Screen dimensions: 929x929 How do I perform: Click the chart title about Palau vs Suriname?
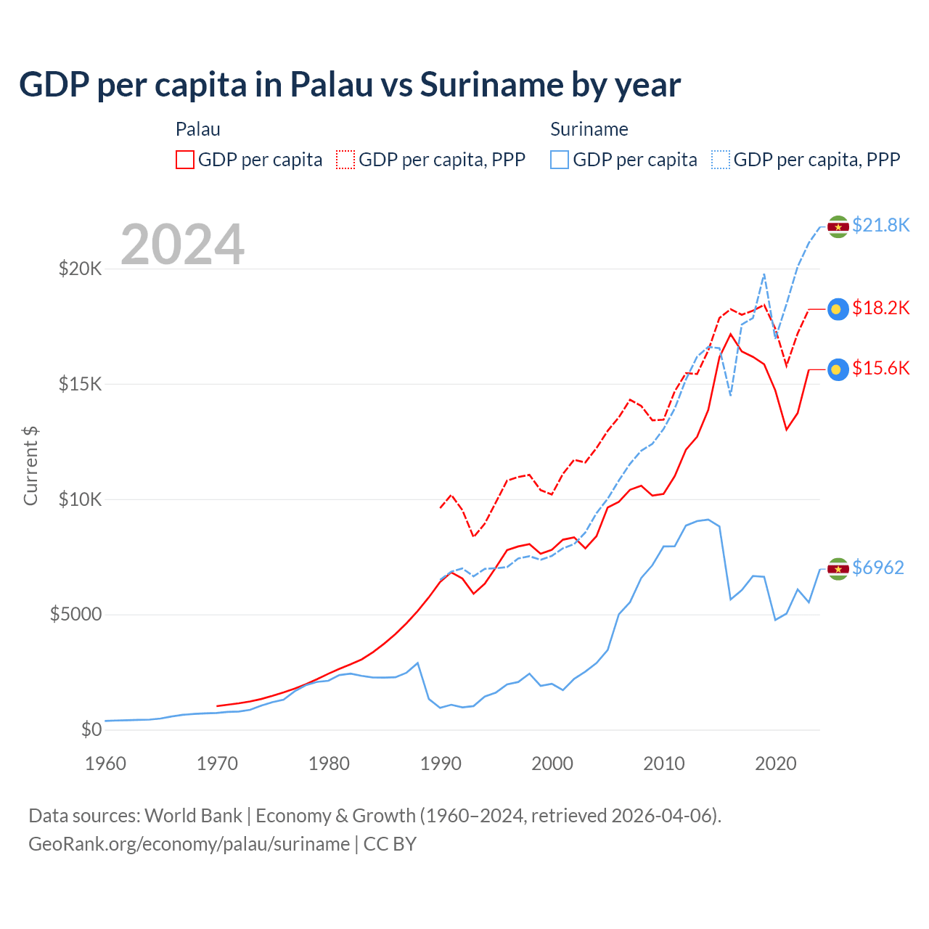pyautogui.click(x=350, y=85)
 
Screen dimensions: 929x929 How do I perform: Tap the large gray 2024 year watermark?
pyautogui.click(x=182, y=245)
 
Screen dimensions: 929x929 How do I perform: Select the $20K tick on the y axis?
pyautogui.click(x=80, y=269)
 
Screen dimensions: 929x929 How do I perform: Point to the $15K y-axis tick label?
pyautogui.click(x=80, y=384)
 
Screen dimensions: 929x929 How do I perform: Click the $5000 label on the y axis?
pyautogui.click(x=75, y=615)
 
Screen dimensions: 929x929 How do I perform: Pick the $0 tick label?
pyautogui.click(x=91, y=729)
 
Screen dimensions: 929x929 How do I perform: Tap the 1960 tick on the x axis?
pyautogui.click(x=106, y=764)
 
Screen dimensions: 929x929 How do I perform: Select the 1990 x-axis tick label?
pyautogui.click(x=441, y=764)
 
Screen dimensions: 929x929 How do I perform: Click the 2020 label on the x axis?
pyautogui.click(x=776, y=764)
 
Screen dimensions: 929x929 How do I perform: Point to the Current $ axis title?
pyautogui.click(x=30, y=466)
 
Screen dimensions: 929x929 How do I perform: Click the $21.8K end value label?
pyautogui.click(x=880, y=225)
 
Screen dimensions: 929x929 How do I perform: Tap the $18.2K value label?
pyautogui.click(x=880, y=308)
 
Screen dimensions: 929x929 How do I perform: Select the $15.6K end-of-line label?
pyautogui.click(x=880, y=368)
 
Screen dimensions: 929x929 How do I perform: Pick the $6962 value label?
pyautogui.click(x=878, y=568)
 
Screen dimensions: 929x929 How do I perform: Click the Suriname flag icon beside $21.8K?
pyautogui.click(x=838, y=226)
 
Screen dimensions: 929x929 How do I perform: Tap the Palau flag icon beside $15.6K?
pyautogui.click(x=838, y=369)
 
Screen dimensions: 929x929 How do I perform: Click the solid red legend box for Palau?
pyautogui.click(x=185, y=160)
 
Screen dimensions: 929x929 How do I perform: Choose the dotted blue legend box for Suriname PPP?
pyautogui.click(x=721, y=160)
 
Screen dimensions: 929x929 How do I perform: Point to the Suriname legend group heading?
pyautogui.click(x=589, y=129)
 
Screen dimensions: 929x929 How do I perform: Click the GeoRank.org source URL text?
pyautogui.click(x=189, y=844)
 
